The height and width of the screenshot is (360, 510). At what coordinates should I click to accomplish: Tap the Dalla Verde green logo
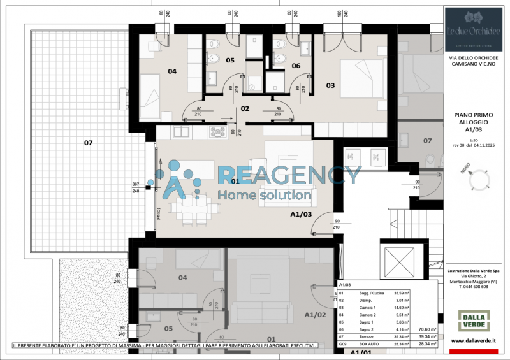coord(474,320)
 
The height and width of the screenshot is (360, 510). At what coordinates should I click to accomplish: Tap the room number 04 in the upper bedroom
coord(172,71)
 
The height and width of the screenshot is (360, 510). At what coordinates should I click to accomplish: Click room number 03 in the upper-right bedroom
coord(330,85)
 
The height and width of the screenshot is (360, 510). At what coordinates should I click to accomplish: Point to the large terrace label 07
coord(88,143)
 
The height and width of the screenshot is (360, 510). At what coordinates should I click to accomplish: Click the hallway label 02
coord(244,108)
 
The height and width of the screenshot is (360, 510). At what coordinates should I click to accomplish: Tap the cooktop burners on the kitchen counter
coord(219,132)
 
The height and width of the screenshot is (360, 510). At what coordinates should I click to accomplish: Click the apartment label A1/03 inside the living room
coord(300,215)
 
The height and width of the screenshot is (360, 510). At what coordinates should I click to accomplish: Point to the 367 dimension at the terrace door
coord(135,184)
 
